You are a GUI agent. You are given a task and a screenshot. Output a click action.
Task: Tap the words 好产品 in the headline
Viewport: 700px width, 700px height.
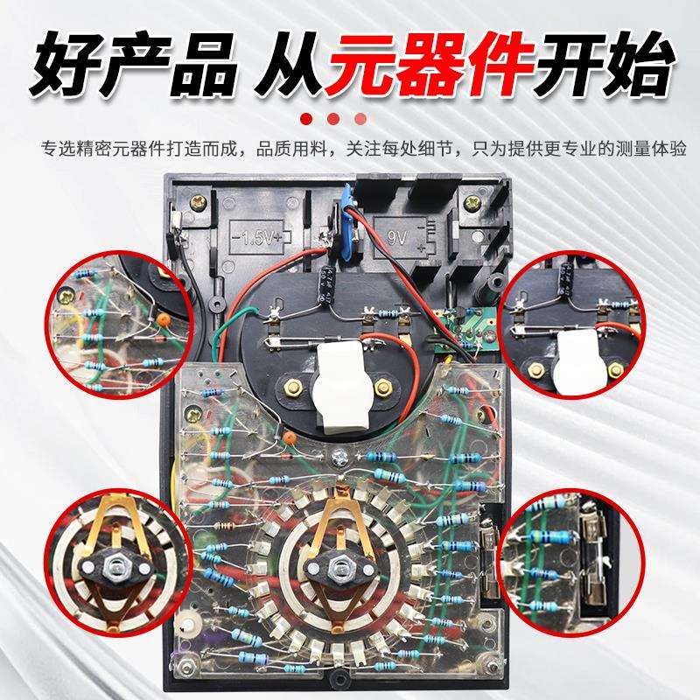coord(131,66)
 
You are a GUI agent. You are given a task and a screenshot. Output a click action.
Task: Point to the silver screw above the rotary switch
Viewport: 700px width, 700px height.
coord(340,454)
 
